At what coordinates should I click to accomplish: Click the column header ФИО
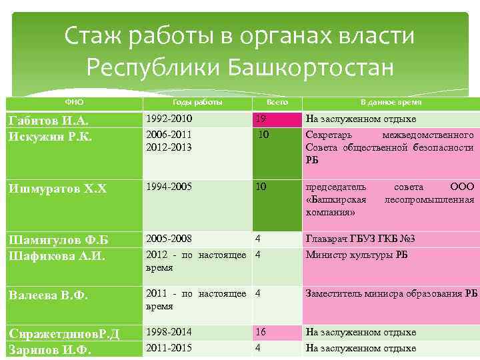click(74, 102)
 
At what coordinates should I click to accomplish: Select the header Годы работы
click(197, 102)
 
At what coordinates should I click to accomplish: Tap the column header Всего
click(277, 102)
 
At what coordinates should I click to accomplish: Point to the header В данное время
click(391, 102)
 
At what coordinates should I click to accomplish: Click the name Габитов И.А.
click(48, 120)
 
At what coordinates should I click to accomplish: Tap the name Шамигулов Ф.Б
click(57, 240)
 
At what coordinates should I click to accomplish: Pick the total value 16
click(261, 332)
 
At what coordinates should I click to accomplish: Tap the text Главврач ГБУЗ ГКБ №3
click(360, 239)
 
